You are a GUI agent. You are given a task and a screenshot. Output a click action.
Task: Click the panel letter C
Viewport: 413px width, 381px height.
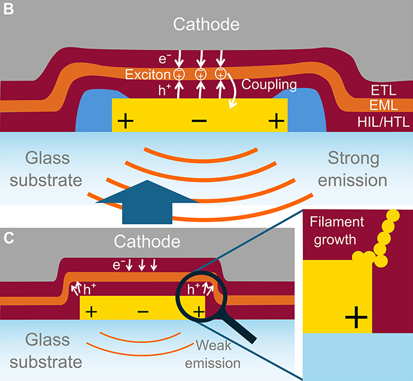tap(8, 238)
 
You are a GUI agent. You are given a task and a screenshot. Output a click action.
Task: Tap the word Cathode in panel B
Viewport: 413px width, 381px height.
tap(206, 24)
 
